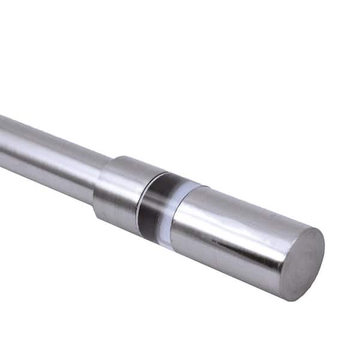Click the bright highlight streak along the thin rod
tap(48, 144)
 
